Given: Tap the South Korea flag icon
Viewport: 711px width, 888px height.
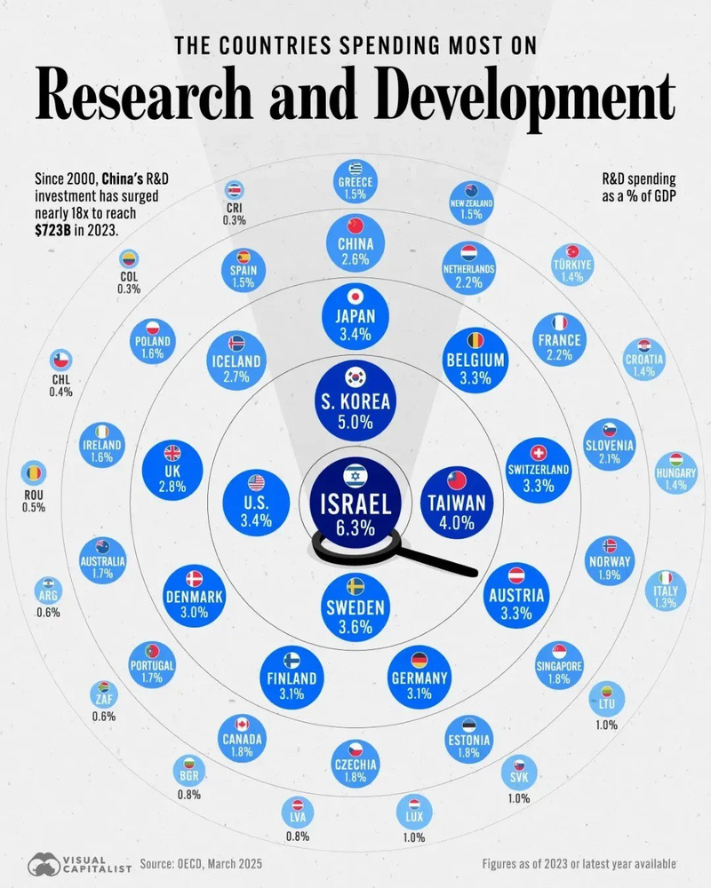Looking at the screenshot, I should click(355, 377).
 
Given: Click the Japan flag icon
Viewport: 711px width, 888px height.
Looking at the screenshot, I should click(355, 297).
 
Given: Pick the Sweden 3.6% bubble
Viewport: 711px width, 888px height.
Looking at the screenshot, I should click(355, 607).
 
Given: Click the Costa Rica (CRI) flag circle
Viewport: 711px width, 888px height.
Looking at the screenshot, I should click(235, 190).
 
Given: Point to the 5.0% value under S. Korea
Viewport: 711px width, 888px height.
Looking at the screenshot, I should click(355, 423).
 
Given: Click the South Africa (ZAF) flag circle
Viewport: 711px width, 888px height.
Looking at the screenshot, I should click(102, 693).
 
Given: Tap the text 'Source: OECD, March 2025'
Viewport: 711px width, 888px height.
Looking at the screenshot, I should click(201, 863).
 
